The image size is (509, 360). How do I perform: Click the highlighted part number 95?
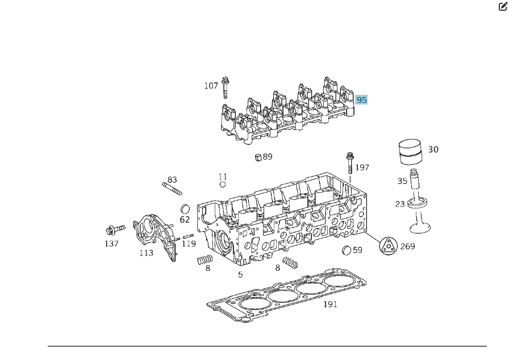coord(361,100)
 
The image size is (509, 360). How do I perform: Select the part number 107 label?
coord(211,86)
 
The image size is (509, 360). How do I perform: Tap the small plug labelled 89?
coord(257,157)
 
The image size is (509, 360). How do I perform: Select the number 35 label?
coord(402,182)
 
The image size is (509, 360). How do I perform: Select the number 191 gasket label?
coord(330,304)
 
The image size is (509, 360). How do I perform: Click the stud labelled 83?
coord(172,189)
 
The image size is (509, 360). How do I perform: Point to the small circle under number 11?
coord(223,185)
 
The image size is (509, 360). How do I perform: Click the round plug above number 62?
coord(185,208)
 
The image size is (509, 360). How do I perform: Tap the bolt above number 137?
coord(115,230)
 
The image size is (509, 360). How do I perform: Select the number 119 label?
coord(189,244)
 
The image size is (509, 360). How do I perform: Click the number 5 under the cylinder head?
coord(240,275)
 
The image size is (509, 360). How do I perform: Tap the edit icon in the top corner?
coord(502,7)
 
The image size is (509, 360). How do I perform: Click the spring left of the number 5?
coord(204,261)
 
